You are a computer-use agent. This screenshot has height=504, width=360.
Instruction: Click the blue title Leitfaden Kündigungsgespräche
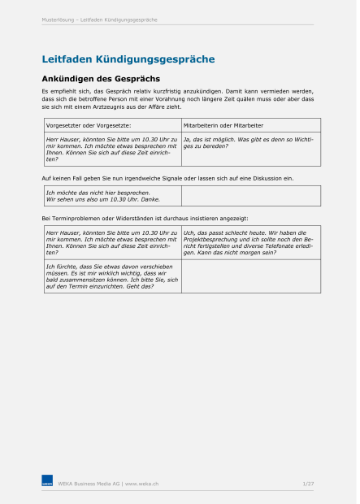click(x=128, y=59)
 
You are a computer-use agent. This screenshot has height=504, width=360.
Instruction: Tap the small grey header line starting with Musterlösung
click(x=99, y=20)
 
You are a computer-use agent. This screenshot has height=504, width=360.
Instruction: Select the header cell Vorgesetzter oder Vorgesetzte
click(x=89, y=125)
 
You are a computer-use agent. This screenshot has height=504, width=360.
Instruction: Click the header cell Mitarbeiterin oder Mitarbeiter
click(x=223, y=125)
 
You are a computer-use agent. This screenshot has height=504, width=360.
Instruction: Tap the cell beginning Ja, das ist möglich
click(x=248, y=143)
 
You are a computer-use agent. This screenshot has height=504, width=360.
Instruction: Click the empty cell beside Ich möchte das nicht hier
click(x=250, y=196)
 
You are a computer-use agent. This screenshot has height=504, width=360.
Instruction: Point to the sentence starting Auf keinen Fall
click(x=167, y=177)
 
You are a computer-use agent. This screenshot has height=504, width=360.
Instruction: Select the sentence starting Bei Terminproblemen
click(x=145, y=219)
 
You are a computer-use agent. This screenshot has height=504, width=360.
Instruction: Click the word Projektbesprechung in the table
click(x=208, y=240)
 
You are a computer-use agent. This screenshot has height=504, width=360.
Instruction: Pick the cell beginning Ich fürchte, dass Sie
click(x=111, y=276)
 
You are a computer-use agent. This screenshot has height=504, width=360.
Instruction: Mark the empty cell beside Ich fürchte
click(x=250, y=276)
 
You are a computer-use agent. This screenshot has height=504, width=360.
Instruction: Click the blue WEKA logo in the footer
click(x=47, y=483)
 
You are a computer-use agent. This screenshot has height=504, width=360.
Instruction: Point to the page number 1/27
click(x=308, y=484)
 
